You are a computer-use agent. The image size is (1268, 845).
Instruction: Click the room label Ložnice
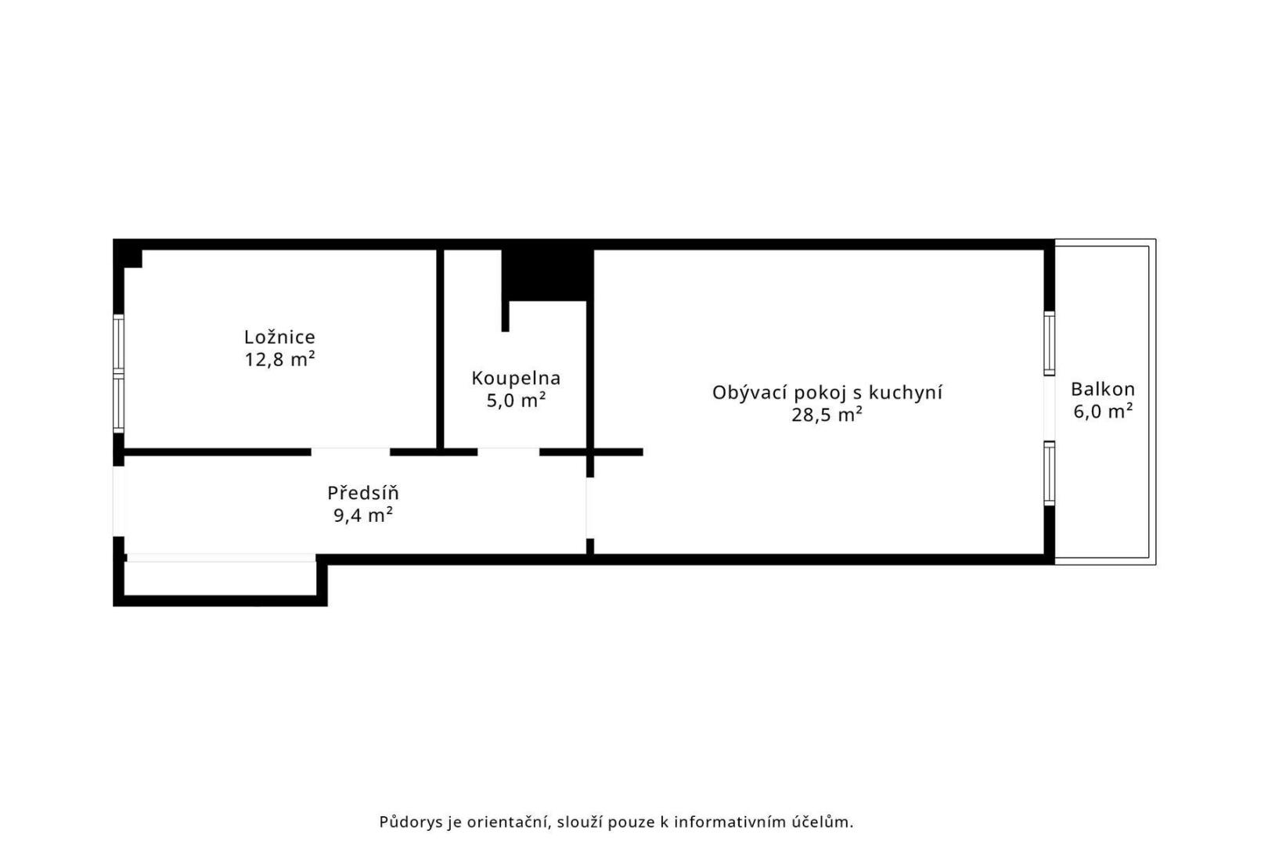click(x=279, y=337)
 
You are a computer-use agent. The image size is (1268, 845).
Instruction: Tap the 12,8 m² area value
click(x=279, y=359)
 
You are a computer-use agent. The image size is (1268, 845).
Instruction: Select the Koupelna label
click(x=516, y=379)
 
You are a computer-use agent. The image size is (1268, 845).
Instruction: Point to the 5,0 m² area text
click(x=516, y=401)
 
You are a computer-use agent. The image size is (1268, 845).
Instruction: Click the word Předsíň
click(x=363, y=493)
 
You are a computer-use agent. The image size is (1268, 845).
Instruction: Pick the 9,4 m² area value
click(x=363, y=516)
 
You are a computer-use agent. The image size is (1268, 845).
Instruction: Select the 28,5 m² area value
click(x=827, y=415)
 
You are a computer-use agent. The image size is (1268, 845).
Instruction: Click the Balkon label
click(x=1103, y=390)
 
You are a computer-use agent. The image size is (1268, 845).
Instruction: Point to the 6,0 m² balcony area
click(x=1103, y=412)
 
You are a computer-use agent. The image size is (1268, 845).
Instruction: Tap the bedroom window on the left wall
click(x=118, y=374)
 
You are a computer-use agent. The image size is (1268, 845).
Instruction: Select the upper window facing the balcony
click(x=1049, y=343)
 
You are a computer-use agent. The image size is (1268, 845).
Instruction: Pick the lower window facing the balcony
click(x=1049, y=473)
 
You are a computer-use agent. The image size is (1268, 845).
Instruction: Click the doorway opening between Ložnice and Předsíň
click(x=351, y=451)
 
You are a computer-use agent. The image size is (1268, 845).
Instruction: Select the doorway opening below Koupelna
click(x=508, y=451)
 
